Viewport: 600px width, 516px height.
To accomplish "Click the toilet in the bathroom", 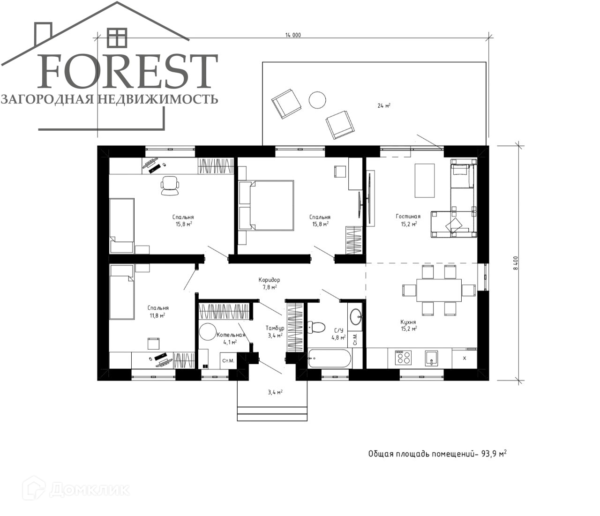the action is pyautogui.click(x=316, y=327).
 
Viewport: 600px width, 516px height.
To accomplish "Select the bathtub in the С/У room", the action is pyautogui.click(x=330, y=358).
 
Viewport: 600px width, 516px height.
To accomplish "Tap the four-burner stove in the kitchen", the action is pyautogui.click(x=403, y=357).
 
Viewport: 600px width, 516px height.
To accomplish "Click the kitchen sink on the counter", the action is pyautogui.click(x=432, y=358).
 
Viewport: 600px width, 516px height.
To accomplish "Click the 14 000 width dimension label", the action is pyautogui.click(x=293, y=35).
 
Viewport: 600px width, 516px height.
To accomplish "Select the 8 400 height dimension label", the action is pyautogui.click(x=515, y=263).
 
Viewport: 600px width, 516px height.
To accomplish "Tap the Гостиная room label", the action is pyautogui.click(x=408, y=216).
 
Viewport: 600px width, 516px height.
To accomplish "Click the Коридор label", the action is pyautogui.click(x=269, y=280).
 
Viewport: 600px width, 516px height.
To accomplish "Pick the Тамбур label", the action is pyautogui.click(x=275, y=328).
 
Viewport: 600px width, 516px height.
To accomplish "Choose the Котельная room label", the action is pyautogui.click(x=231, y=335).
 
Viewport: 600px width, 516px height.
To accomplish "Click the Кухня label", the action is pyautogui.click(x=408, y=322).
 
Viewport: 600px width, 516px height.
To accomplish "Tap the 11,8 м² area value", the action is pyautogui.click(x=157, y=315).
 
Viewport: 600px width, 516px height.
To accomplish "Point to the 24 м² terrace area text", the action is pyautogui.click(x=384, y=105).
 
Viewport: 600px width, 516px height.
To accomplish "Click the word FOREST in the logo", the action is pyautogui.click(x=127, y=71).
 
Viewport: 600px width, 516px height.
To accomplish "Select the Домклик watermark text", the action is pyautogui.click(x=90, y=490).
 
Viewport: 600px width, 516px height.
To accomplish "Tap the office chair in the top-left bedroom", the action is pyautogui.click(x=170, y=186).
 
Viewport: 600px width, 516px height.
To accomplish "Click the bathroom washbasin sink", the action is pyautogui.click(x=355, y=317).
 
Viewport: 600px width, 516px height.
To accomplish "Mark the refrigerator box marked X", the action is pyautogui.click(x=465, y=359).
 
